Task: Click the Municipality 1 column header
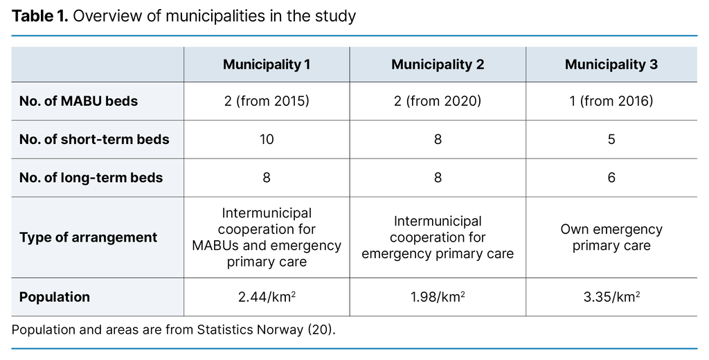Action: point(267,64)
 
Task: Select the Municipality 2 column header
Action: point(438,64)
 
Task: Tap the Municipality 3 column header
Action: point(611,64)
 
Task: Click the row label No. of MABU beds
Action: point(78,101)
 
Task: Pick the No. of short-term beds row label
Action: point(94,139)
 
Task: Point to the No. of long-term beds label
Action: point(91,177)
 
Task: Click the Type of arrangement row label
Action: point(88,237)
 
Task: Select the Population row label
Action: point(55,297)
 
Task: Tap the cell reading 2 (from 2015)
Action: point(267,101)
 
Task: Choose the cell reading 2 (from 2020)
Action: point(438,101)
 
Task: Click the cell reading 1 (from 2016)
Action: point(611,101)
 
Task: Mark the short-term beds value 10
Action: point(267,139)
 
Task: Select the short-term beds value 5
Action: point(611,139)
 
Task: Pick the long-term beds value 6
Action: point(611,177)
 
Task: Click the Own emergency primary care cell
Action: point(611,237)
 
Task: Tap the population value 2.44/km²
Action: point(267,297)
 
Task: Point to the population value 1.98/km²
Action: point(438,297)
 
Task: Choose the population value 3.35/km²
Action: point(611,297)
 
